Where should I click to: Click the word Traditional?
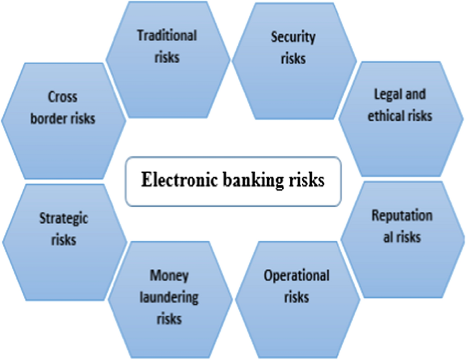pyautogui.click(x=167, y=36)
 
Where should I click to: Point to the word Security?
pyautogui.click(x=293, y=37)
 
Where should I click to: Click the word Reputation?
pyautogui.click(x=402, y=216)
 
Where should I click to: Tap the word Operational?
pyautogui.click(x=297, y=276)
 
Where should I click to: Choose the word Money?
pyautogui.click(x=169, y=276)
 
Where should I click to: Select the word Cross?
pyautogui.click(x=63, y=97)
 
